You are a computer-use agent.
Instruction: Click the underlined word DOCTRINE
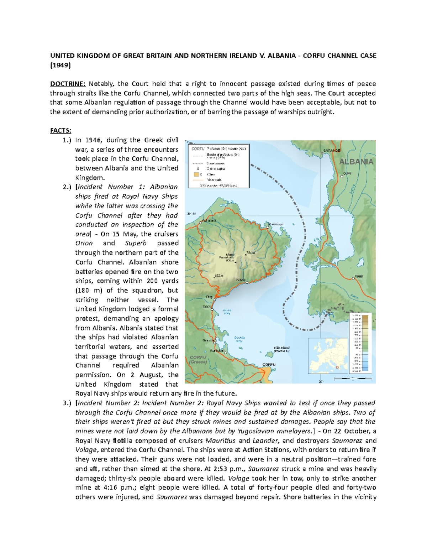(x=68, y=84)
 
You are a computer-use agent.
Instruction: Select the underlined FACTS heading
(x=60, y=131)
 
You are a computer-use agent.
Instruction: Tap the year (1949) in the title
(x=60, y=65)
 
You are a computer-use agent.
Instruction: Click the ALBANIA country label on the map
(x=356, y=162)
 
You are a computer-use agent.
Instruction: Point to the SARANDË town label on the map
(x=332, y=150)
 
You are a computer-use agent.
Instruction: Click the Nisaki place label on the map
(x=241, y=280)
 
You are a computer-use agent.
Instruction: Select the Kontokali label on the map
(x=217, y=350)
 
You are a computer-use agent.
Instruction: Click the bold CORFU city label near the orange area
(x=269, y=365)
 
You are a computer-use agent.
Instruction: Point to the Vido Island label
(x=281, y=349)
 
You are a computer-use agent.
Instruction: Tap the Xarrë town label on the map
(x=358, y=276)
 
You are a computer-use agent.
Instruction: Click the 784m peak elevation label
(x=251, y=253)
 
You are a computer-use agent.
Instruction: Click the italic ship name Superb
(x=136, y=243)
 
